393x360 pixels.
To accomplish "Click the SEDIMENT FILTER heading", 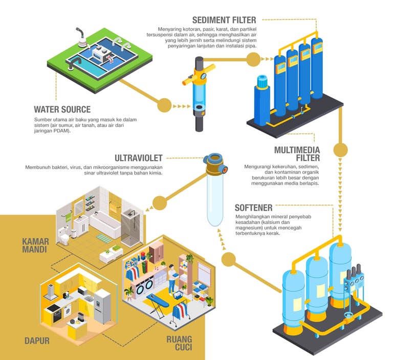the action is point(225,20).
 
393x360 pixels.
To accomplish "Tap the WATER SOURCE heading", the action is point(62,109).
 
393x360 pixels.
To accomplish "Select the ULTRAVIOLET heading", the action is point(139,158).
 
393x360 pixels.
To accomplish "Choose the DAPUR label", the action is point(37,341).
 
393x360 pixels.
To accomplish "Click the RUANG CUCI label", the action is point(179,344).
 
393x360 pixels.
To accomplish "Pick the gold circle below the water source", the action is point(164,105).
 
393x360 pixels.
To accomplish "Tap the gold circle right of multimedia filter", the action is point(340,150).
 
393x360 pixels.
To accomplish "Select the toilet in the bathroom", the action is point(64,237).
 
